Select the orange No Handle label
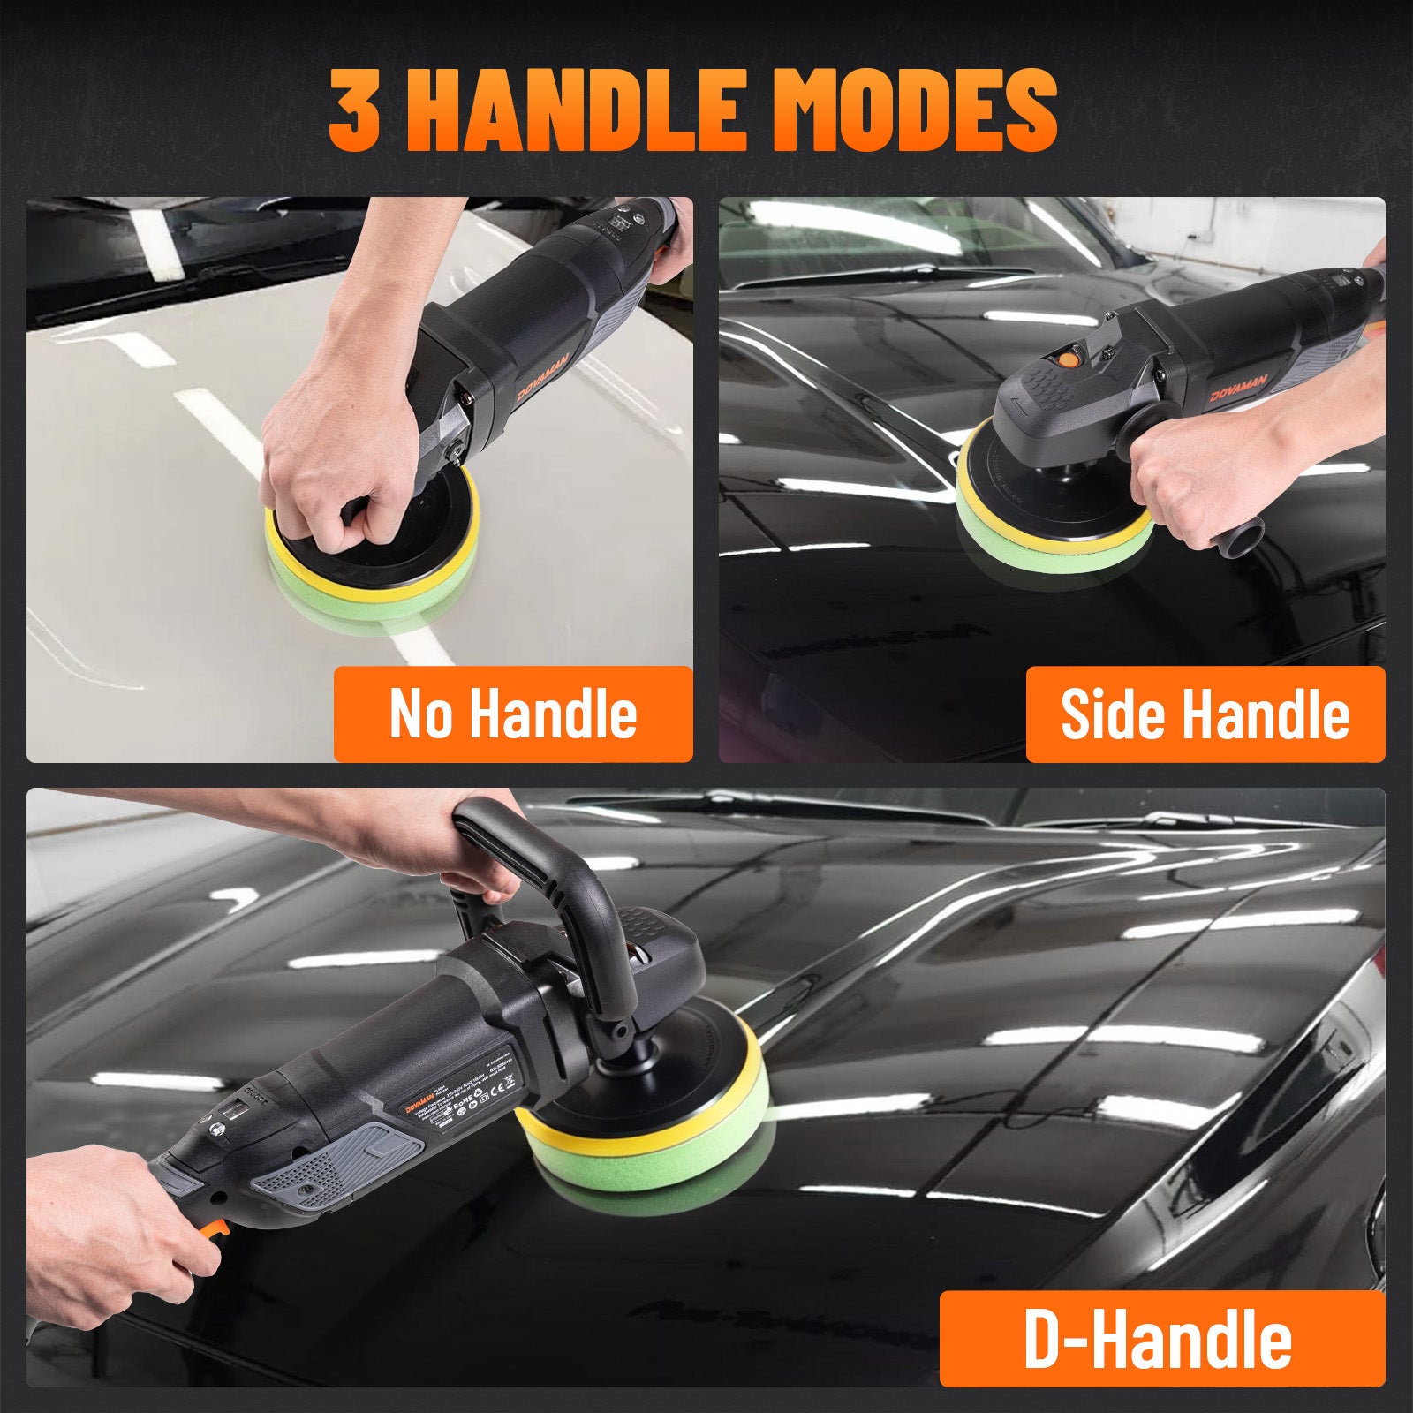tap(513, 714)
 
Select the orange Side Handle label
tap(1205, 714)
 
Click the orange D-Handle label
tap(1160, 1339)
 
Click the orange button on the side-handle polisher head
tap(1068, 359)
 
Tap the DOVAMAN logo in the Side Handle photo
tap(1238, 387)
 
